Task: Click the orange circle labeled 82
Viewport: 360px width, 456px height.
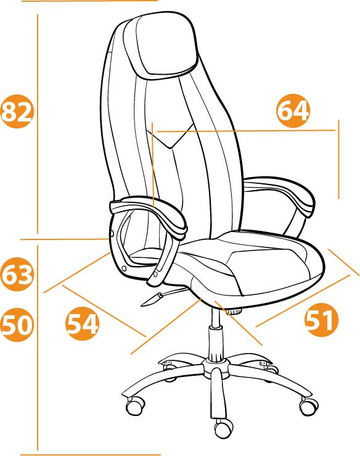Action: click(17, 111)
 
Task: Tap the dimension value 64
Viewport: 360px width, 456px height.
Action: click(293, 111)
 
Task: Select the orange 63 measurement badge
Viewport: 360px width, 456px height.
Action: click(17, 274)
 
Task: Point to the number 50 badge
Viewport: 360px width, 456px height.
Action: click(17, 325)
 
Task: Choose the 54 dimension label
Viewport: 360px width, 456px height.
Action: click(83, 323)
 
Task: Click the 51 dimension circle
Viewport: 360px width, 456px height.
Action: click(322, 320)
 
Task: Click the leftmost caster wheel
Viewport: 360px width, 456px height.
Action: click(136, 407)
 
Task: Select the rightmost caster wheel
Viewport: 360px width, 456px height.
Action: click(309, 406)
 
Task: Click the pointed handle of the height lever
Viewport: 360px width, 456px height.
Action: click(152, 300)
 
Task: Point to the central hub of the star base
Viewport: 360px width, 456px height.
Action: click(216, 367)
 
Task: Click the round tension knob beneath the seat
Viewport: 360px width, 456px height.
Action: click(234, 312)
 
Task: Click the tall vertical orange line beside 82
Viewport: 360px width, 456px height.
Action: click(38, 124)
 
